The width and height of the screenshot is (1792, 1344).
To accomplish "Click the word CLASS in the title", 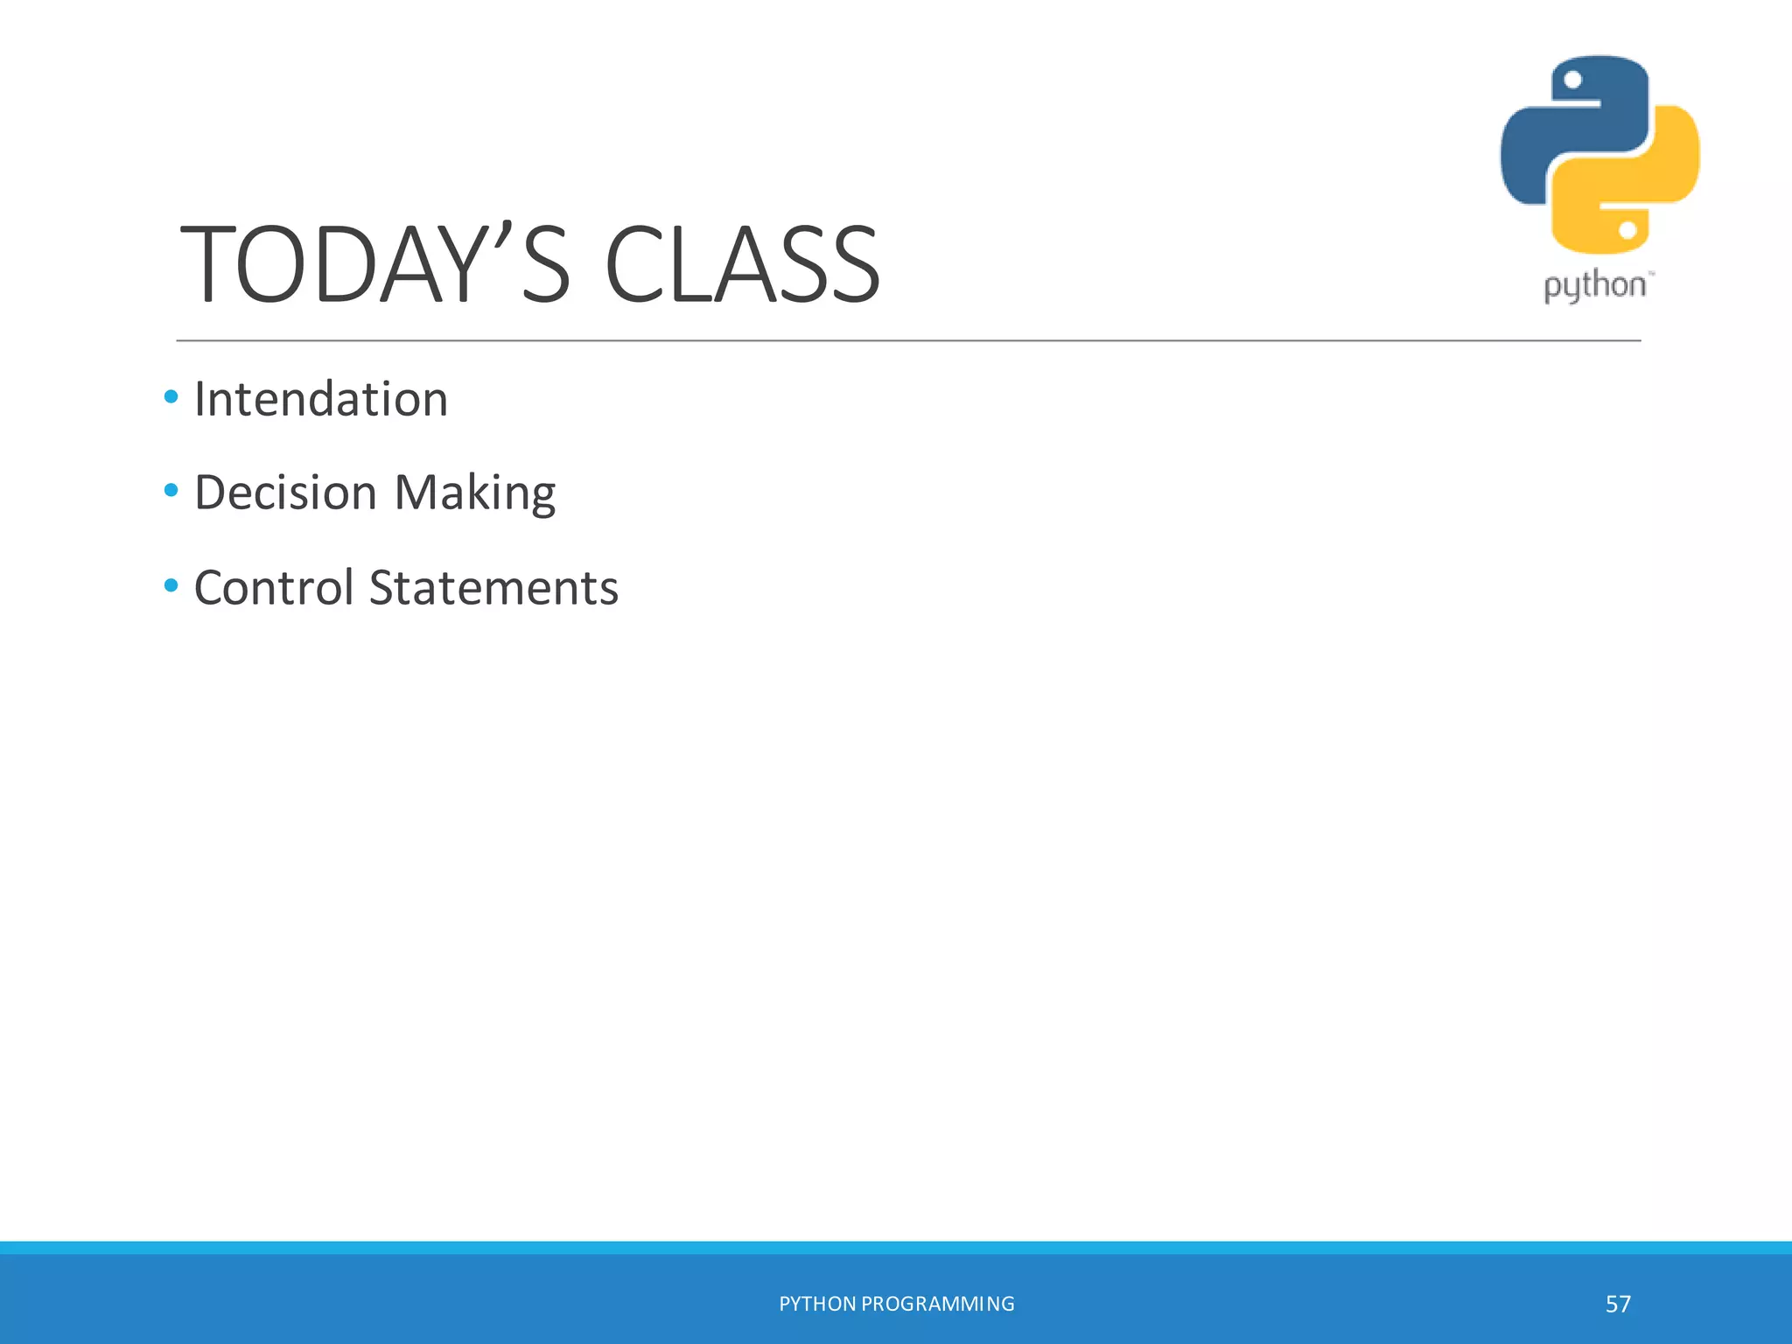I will [x=742, y=264].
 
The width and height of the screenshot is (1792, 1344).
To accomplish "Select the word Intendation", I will [x=320, y=399].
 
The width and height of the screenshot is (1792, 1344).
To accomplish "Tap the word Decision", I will [x=285, y=492].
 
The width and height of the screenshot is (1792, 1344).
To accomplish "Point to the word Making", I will [x=475, y=493].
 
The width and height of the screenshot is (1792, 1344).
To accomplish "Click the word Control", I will [x=273, y=587].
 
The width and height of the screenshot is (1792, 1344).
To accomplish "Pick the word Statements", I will [x=493, y=587].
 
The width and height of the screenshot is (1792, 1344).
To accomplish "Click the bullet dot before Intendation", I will [x=171, y=397].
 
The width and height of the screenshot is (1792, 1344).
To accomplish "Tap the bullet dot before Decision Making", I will [x=171, y=491].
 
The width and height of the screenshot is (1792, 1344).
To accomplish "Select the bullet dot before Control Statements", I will [x=171, y=584].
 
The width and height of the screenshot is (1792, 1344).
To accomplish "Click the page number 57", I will [x=1618, y=1305].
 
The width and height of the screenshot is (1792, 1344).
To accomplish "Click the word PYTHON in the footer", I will [x=817, y=1304].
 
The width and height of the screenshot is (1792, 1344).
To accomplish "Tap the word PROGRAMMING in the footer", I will [x=938, y=1304].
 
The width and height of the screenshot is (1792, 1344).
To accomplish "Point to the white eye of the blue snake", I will [x=1572, y=80].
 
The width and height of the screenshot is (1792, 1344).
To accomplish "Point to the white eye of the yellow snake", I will [x=1627, y=230].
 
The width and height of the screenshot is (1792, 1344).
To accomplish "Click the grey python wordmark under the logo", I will [x=1594, y=286].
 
